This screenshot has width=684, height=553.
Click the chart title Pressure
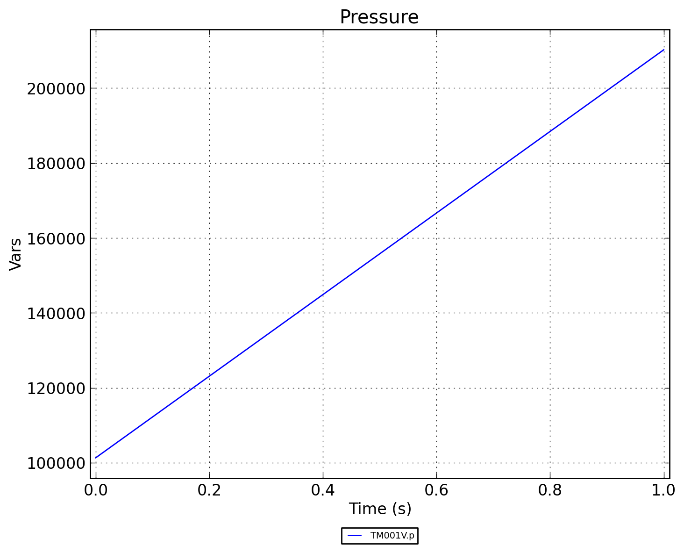379,17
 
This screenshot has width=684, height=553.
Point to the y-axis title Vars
15,254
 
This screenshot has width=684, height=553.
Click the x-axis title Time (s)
380,509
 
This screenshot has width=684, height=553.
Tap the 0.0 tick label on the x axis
96,490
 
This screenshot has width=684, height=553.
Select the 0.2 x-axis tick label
209,490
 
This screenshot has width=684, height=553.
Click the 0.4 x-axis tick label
323,490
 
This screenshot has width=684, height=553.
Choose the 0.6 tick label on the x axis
436,490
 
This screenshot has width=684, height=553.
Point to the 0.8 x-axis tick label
550,490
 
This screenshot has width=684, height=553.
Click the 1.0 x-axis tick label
663,490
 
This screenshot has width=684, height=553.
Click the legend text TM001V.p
392,536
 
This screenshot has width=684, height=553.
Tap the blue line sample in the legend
355,536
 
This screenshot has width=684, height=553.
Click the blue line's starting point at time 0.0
96,458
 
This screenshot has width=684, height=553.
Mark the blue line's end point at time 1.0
663,50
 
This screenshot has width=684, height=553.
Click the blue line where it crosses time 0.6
436,213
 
